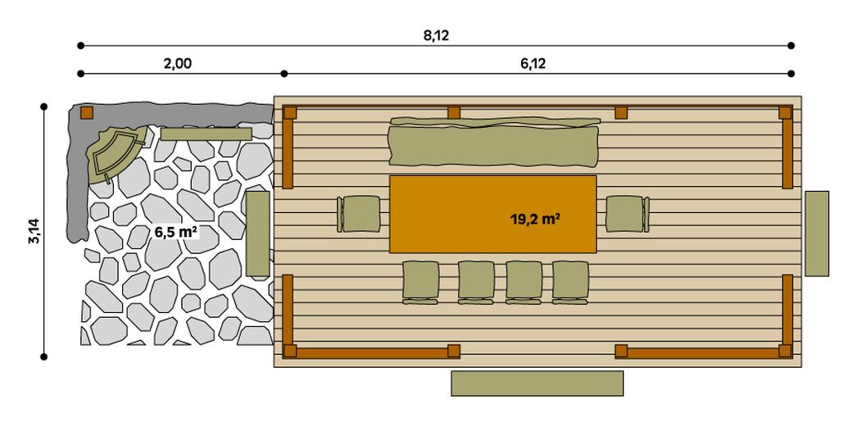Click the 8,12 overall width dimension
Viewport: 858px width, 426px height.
[x=436, y=35]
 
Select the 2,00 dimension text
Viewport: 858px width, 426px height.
[x=177, y=63]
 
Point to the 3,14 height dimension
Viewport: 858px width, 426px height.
[x=34, y=231]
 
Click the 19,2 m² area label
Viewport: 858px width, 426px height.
[x=535, y=220]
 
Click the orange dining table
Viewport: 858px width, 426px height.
[x=492, y=213]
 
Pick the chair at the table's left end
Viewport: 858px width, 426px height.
[x=359, y=214]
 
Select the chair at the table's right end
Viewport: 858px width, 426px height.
[x=628, y=214]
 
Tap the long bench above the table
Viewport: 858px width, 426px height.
[x=494, y=143]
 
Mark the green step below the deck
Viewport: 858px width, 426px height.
[x=537, y=383]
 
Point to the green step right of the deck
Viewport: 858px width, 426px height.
[x=816, y=233]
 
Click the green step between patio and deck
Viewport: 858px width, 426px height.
[x=257, y=233]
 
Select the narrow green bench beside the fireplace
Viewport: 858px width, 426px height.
[x=206, y=134]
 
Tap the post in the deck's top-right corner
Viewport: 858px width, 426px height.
[x=784, y=112]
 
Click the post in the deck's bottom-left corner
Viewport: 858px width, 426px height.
[x=289, y=351]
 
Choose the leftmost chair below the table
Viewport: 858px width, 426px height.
[x=420, y=281]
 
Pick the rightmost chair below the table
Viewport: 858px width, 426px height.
[x=570, y=281]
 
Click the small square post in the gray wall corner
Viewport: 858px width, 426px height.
[x=86, y=113]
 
